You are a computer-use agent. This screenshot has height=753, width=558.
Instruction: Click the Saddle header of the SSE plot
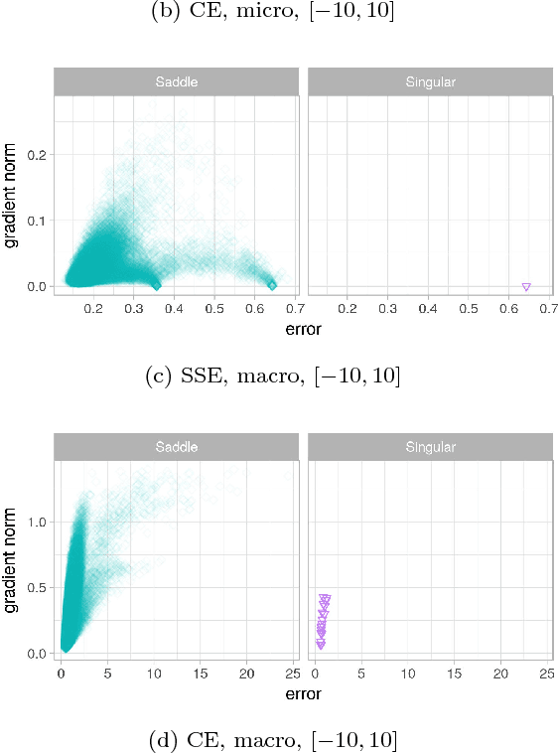176,81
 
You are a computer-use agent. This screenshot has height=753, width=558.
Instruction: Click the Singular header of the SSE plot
431,81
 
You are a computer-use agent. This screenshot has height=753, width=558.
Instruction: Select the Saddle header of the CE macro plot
176,447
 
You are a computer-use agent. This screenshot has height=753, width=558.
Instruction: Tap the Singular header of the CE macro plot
431,447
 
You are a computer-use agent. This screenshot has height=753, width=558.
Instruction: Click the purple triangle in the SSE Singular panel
526,286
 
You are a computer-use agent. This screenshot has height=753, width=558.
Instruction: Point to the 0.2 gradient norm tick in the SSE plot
38,154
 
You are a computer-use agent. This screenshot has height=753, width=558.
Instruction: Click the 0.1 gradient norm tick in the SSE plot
38,220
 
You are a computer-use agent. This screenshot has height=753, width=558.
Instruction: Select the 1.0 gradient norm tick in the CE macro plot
38,522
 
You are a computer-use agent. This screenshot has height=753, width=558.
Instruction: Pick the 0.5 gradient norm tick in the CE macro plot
38,587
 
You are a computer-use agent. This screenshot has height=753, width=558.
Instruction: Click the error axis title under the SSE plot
303,328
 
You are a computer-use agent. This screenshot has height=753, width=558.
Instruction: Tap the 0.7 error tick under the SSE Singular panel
549,309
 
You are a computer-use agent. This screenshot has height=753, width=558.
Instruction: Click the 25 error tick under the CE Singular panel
546,675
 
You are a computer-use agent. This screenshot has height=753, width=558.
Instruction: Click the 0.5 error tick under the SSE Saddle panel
214,309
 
